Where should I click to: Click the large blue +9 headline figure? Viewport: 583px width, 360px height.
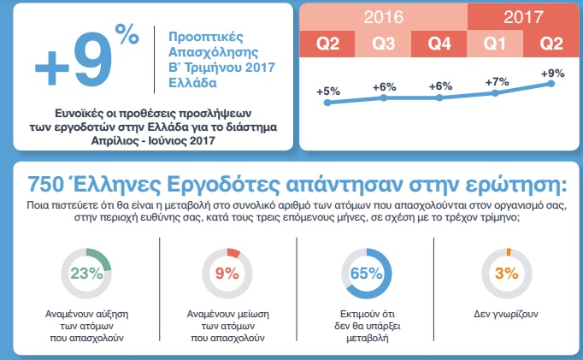coord(74,60)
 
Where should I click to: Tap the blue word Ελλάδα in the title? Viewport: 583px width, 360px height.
coord(192,83)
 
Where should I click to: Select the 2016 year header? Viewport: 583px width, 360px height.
coord(383,17)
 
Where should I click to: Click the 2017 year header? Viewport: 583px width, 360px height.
coord(523,17)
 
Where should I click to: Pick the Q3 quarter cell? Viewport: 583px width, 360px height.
coord(383,44)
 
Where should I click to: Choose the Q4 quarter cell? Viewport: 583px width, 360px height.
coord(439,44)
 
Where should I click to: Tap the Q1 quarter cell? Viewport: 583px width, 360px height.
coord(495,44)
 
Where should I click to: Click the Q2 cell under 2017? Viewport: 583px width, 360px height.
coord(551,44)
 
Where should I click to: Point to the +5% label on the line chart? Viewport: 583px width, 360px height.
coord(328,91)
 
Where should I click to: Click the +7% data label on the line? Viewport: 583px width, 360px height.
coord(497,81)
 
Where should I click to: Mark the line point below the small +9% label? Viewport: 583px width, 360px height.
coord(551,84)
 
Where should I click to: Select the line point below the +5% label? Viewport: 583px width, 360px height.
coord(327,103)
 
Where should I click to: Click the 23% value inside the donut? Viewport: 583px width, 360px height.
coord(86,274)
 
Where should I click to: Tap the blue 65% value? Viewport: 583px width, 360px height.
coord(366,274)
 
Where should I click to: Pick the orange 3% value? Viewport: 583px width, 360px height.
coord(506,274)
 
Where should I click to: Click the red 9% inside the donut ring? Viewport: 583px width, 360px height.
coord(227,274)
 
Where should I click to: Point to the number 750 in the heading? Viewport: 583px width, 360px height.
coord(43,185)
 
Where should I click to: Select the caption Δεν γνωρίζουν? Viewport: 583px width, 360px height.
coord(506,314)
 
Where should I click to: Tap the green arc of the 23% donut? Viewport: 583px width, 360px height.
coord(103,257)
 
